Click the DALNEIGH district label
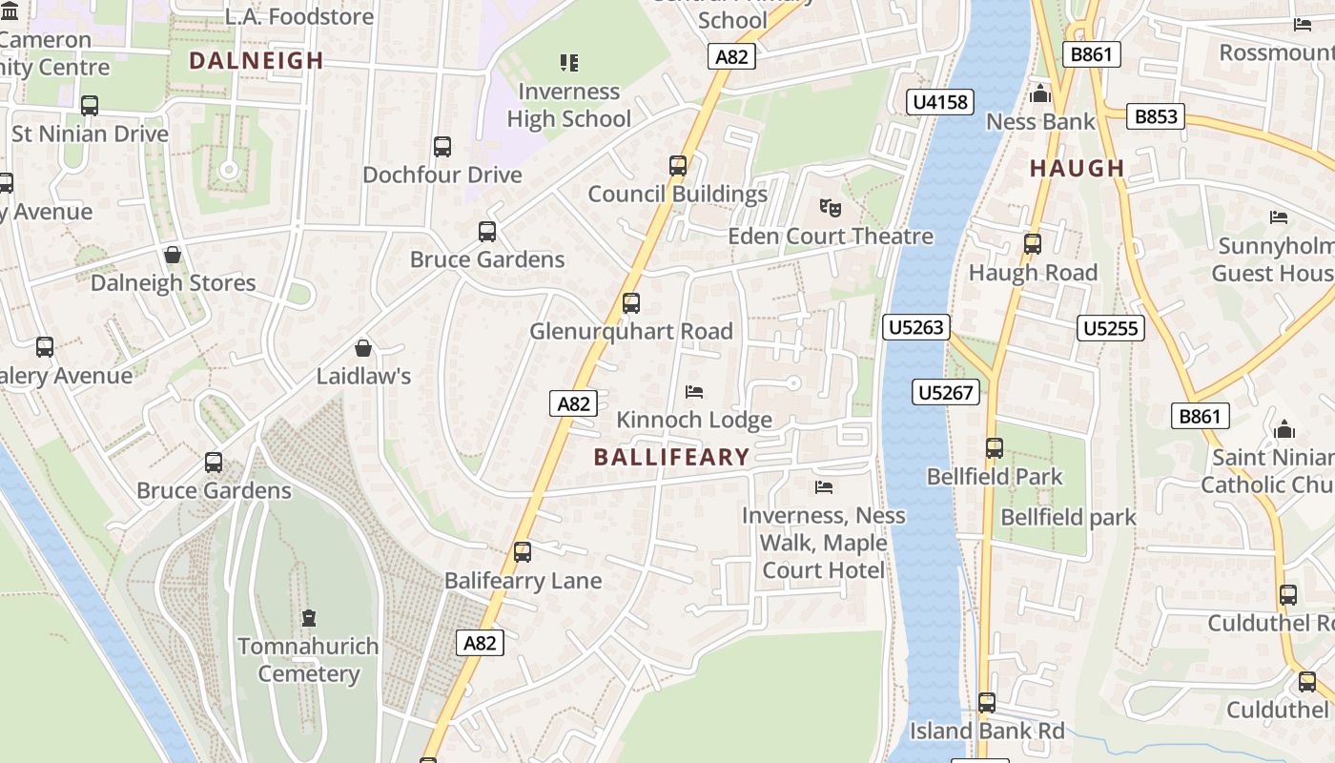point(257,61)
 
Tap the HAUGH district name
point(1078,169)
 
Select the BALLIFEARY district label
point(671,457)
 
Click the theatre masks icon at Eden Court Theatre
point(830,207)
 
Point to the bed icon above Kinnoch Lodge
point(694,392)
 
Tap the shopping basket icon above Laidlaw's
point(363,348)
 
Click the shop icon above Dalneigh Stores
point(173,255)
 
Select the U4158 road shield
point(940,102)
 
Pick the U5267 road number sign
point(946,392)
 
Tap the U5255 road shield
point(1111,328)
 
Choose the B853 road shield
point(1156,117)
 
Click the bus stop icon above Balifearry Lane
point(523,552)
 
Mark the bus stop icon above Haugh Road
point(1032,244)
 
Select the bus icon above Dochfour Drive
point(442,147)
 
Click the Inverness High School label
point(568,105)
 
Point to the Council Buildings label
point(677,195)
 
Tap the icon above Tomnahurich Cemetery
point(308,618)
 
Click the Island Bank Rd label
point(987,731)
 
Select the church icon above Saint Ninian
point(1284,429)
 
